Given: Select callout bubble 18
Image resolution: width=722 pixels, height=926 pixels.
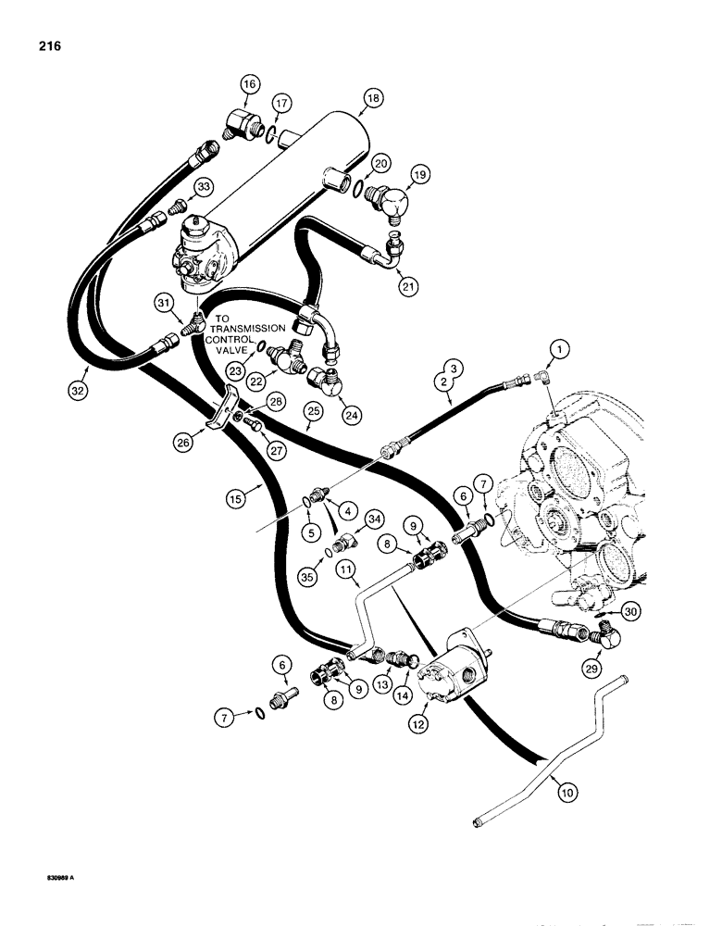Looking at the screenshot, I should coord(347,97).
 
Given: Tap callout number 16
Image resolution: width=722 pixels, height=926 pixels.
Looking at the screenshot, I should coord(248,85).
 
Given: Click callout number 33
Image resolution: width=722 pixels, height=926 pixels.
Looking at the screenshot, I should coord(203,186).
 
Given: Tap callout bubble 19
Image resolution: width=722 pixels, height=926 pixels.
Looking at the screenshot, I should coord(417,174).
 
